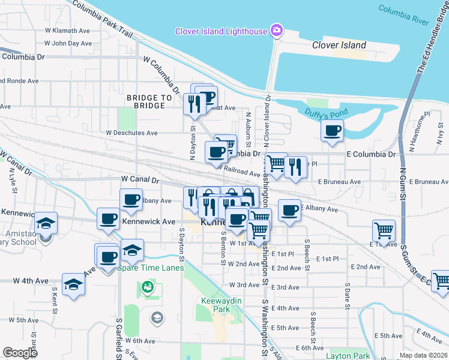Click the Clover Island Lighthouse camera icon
coord(277,31)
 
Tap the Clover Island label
coord(339,45)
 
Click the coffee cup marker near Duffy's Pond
coord(332,131)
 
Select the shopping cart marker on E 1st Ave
coord(384,230)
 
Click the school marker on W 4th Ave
coord(73,284)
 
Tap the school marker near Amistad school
coord(46,223)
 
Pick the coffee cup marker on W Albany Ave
coord(131,200)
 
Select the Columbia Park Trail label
coord(102,19)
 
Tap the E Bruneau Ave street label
coord(339,181)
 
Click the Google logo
coord(20,353)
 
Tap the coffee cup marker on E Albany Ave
coord(289,210)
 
